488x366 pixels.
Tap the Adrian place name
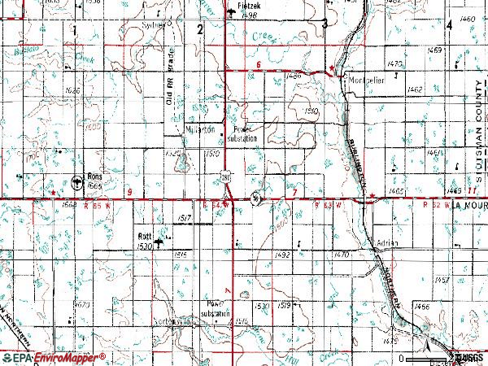click(x=387, y=243)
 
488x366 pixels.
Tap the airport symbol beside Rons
click(x=77, y=181)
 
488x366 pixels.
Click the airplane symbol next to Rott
click(x=160, y=241)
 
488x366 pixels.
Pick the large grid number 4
click(x=450, y=26)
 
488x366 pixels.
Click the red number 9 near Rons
click(x=130, y=190)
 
